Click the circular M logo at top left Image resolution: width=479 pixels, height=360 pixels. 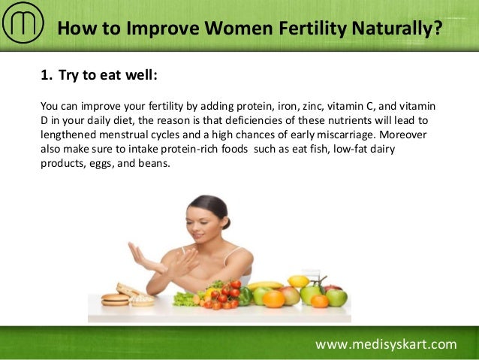[x=22, y=25]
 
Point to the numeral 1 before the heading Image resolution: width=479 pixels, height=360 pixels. [x=44, y=75]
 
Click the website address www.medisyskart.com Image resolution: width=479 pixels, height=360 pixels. [x=386, y=344]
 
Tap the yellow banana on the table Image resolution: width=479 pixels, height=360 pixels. [x=267, y=286]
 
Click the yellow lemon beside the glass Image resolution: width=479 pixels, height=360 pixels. [x=297, y=281]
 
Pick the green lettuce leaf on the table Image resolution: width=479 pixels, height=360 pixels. [x=185, y=298]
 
